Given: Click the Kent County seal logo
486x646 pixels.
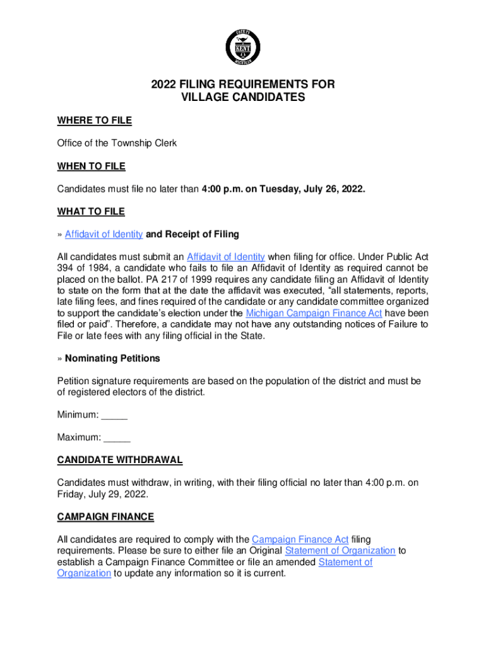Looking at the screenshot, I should [242, 45].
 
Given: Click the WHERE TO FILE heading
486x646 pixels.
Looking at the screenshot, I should [94, 120].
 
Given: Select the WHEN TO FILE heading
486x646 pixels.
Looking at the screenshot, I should [91, 166].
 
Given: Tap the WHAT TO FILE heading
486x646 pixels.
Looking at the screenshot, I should [91, 211].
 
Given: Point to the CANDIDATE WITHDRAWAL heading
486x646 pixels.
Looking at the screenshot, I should [120, 460].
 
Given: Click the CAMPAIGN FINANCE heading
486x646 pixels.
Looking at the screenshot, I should [105, 517].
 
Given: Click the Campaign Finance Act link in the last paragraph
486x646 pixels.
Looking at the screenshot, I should [300, 539].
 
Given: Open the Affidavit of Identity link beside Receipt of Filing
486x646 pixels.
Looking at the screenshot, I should [104, 234].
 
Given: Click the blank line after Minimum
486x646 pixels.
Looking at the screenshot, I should [114, 415].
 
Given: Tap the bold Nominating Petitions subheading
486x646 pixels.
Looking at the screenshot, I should [112, 358].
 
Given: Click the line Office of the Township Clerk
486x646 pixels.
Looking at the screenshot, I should [117, 143].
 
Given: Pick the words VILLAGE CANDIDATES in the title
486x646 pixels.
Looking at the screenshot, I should [243, 98].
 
